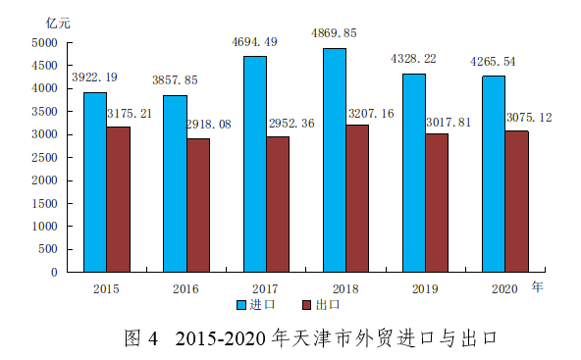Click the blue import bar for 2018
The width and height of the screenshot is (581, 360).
[335, 160]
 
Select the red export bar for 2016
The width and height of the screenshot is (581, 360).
[198, 206]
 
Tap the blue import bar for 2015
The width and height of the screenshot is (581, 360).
[95, 182]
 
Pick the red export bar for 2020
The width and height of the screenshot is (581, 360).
[517, 201]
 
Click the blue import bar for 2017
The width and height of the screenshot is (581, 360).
[255, 164]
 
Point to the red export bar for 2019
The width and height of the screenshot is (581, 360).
[437, 203]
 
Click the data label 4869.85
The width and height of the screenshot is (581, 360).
[334, 33]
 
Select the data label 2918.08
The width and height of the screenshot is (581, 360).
[209, 124]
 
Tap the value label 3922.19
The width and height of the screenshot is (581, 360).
[94, 77]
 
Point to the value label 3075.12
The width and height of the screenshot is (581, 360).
[529, 118]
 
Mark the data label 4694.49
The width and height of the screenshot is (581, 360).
[254, 42]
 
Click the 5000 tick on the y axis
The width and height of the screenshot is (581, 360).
[44, 43]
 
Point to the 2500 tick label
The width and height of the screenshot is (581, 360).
[44, 158]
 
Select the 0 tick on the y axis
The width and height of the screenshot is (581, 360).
[54, 273]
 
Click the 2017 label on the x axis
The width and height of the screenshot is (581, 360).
[265, 289]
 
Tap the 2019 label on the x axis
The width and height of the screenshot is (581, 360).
[425, 289]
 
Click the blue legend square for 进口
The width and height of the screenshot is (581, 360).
[241, 305]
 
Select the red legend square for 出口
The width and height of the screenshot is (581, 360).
[307, 305]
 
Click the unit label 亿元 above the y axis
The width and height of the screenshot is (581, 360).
[58, 23]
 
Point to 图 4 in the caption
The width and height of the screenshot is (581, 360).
[141, 338]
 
